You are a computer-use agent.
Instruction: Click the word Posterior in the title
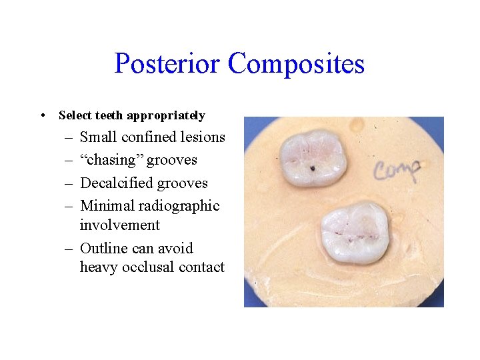167,64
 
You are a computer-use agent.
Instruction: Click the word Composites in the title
296,64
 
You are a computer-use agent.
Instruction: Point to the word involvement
119,225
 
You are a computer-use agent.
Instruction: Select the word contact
201,267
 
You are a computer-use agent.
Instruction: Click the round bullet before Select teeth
43,115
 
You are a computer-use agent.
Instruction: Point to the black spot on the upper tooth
312,169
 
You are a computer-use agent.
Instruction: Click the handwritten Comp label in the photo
396,171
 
